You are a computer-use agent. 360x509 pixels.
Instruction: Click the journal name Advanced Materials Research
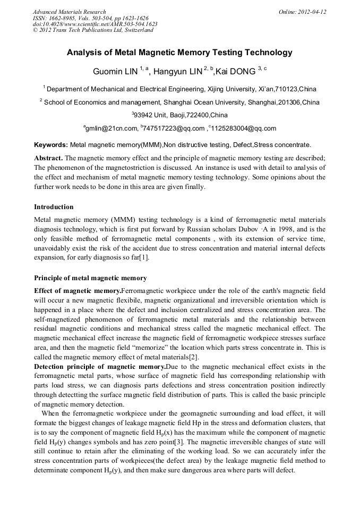[69, 12]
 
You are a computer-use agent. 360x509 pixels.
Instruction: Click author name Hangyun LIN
[177, 71]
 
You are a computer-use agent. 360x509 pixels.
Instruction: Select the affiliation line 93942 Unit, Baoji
[179, 115]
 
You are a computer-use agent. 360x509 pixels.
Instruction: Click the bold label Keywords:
[51, 144]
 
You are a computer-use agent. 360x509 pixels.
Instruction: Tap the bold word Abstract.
[48, 158]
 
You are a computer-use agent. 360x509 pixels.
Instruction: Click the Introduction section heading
[54, 206]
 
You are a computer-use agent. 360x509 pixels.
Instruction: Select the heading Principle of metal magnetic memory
[90, 278]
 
